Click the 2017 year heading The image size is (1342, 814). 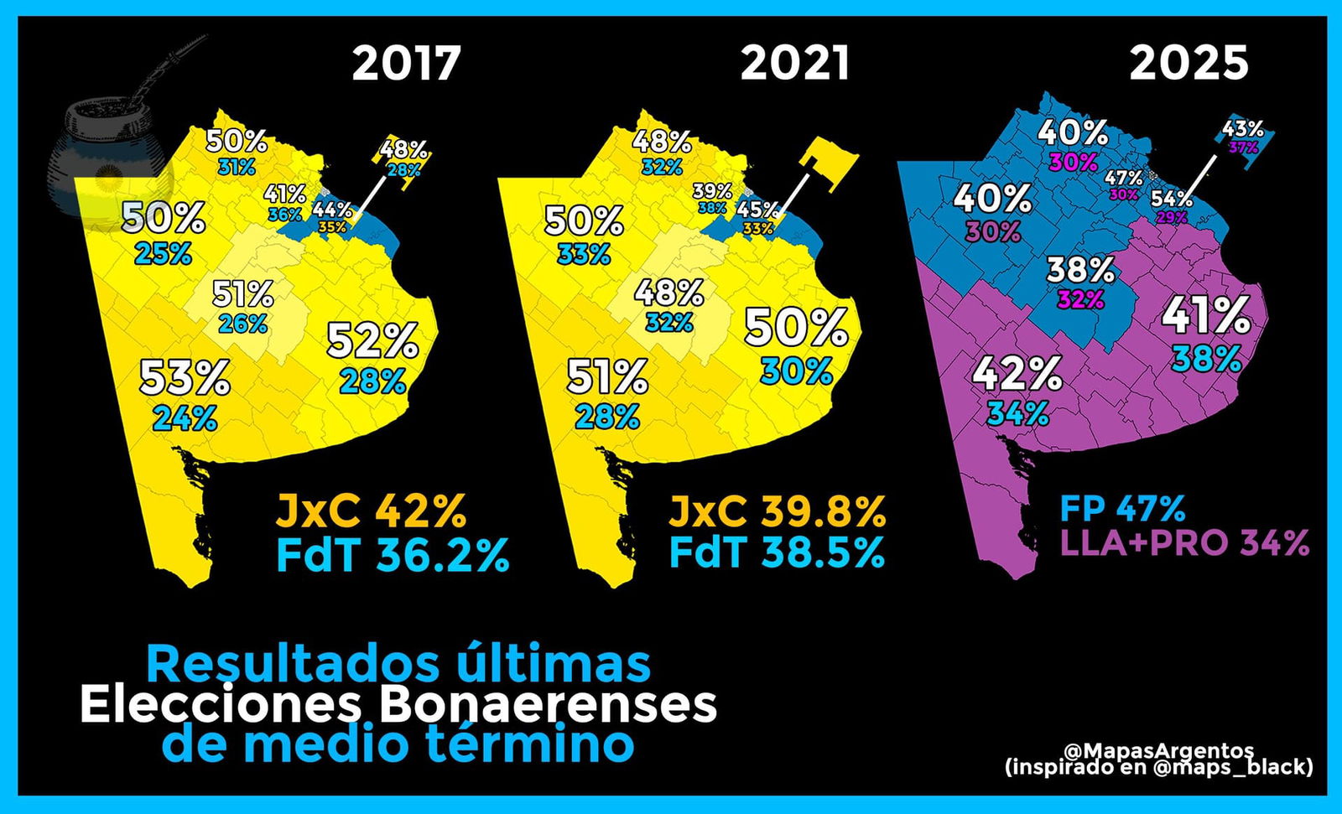(407, 63)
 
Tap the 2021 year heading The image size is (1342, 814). (795, 63)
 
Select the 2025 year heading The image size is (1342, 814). (1189, 63)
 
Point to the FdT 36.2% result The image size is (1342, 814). (393, 554)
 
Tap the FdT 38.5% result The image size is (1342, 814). (778, 552)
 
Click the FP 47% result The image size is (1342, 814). (1123, 508)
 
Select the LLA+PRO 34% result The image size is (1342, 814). (1185, 543)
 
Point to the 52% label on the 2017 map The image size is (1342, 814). (372, 340)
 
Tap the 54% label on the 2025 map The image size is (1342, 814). (1172, 199)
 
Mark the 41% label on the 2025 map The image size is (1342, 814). (1206, 316)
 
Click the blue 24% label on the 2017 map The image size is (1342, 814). (185, 417)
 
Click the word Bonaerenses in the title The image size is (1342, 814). (548, 705)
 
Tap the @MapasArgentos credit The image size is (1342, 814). (1159, 749)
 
